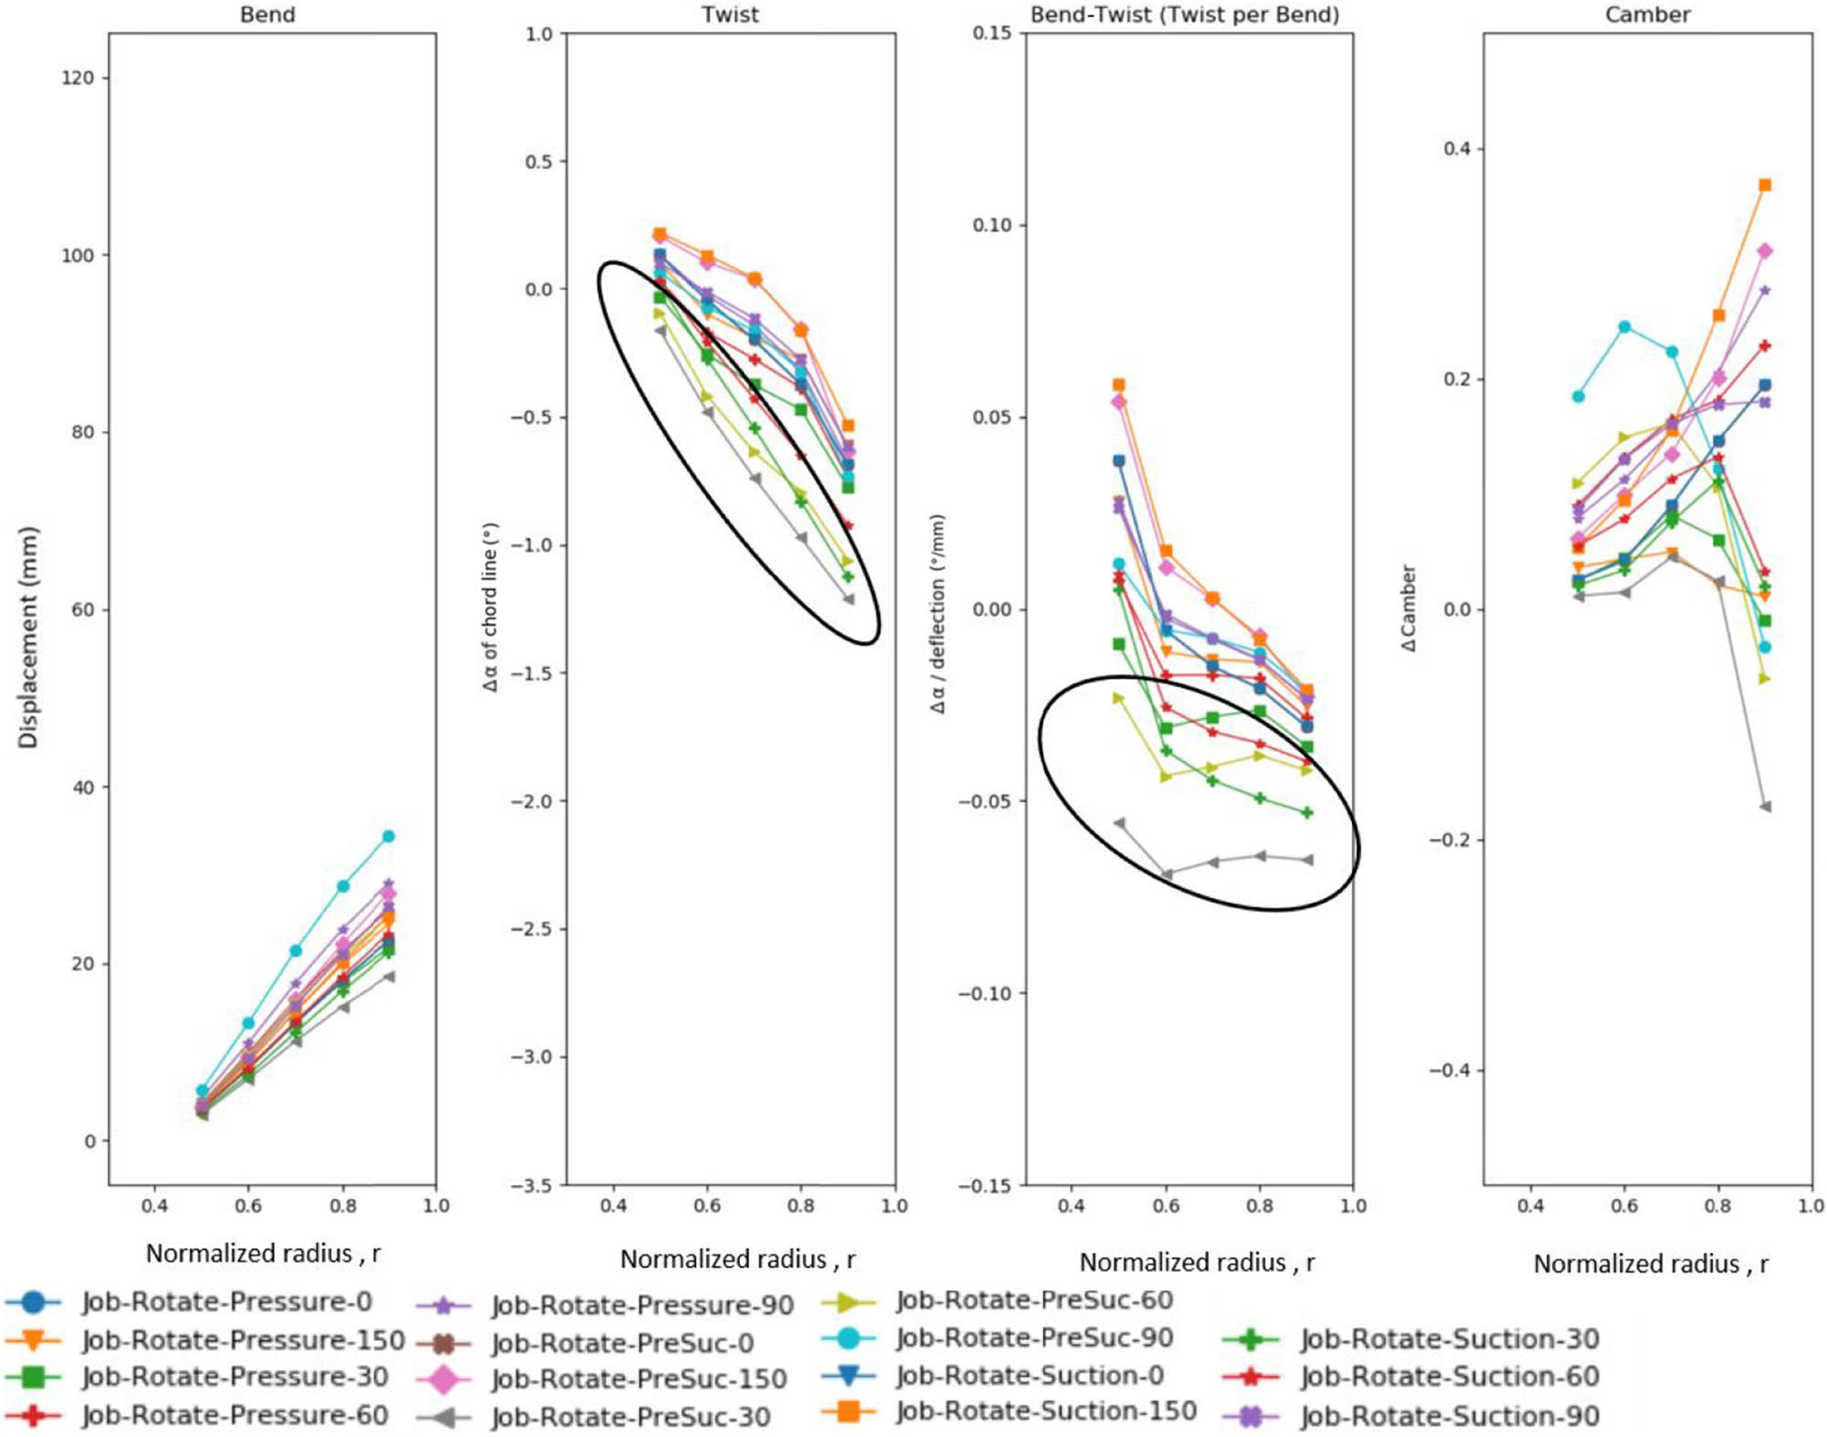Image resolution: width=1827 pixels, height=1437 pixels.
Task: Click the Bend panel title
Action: (267, 15)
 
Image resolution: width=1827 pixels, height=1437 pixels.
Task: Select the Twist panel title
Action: (730, 15)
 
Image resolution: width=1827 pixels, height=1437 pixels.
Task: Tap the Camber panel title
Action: (1647, 15)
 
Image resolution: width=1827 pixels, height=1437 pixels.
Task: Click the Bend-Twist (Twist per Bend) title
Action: (1185, 15)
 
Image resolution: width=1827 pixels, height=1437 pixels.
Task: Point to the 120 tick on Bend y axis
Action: (78, 79)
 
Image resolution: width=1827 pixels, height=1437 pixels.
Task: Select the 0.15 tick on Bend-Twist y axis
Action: (991, 33)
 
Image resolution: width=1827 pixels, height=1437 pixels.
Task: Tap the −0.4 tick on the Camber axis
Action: (1450, 1071)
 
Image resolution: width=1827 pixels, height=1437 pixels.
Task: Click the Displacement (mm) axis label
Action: (28, 637)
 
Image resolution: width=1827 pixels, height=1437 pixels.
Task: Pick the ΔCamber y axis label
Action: (1408, 608)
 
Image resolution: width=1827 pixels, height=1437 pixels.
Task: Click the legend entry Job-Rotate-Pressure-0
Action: (227, 1302)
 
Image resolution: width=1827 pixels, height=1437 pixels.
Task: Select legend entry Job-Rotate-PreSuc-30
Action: (630, 1417)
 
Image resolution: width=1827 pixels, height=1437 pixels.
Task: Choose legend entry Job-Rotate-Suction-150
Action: (1046, 1411)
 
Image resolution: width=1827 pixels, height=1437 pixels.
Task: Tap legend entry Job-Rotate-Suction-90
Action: (1450, 1416)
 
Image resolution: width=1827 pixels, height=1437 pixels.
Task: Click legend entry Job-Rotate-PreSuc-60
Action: (1034, 1300)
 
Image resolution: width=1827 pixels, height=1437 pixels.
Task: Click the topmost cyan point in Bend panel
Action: (388, 836)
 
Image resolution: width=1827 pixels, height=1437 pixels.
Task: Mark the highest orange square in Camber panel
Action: (1765, 185)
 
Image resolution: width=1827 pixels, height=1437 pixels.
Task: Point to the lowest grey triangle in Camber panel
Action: (1765, 807)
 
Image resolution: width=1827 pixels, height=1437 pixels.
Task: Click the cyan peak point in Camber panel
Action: (1624, 327)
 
